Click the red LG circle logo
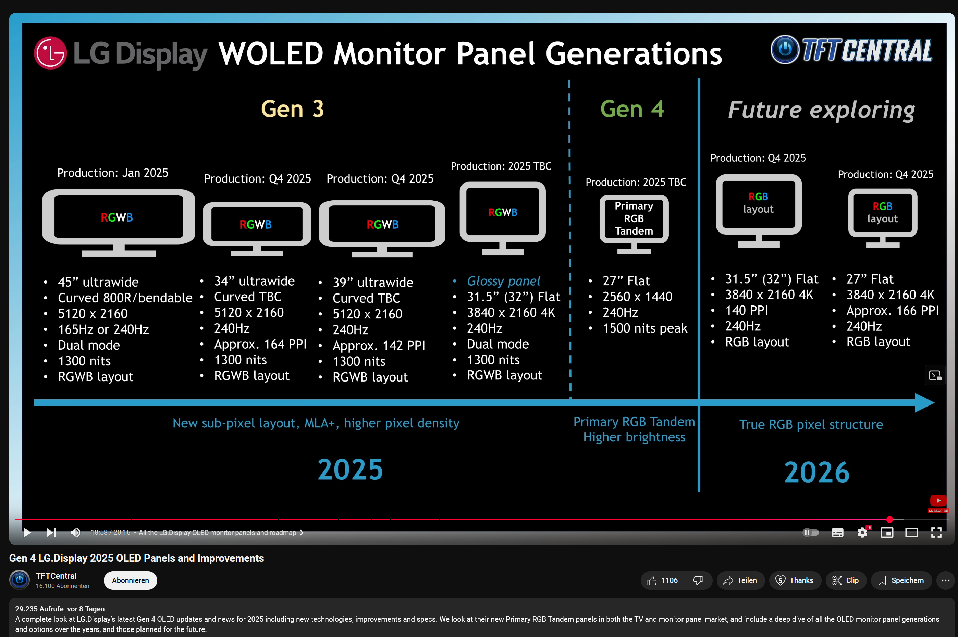[x=50, y=53]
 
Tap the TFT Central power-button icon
[x=785, y=50]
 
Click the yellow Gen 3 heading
[x=292, y=109]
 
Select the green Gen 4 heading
[x=632, y=109]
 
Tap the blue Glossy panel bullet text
[x=503, y=281]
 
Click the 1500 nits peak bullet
[x=644, y=328]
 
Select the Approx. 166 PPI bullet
[x=892, y=311]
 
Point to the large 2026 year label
[x=816, y=472]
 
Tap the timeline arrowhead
[x=924, y=403]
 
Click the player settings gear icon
[x=862, y=532]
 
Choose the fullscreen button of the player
[x=936, y=532]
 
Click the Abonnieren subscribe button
[x=131, y=580]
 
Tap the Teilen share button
[x=740, y=580]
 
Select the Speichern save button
[x=901, y=580]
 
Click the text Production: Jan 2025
[x=113, y=173]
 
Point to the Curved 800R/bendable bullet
[x=125, y=298]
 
